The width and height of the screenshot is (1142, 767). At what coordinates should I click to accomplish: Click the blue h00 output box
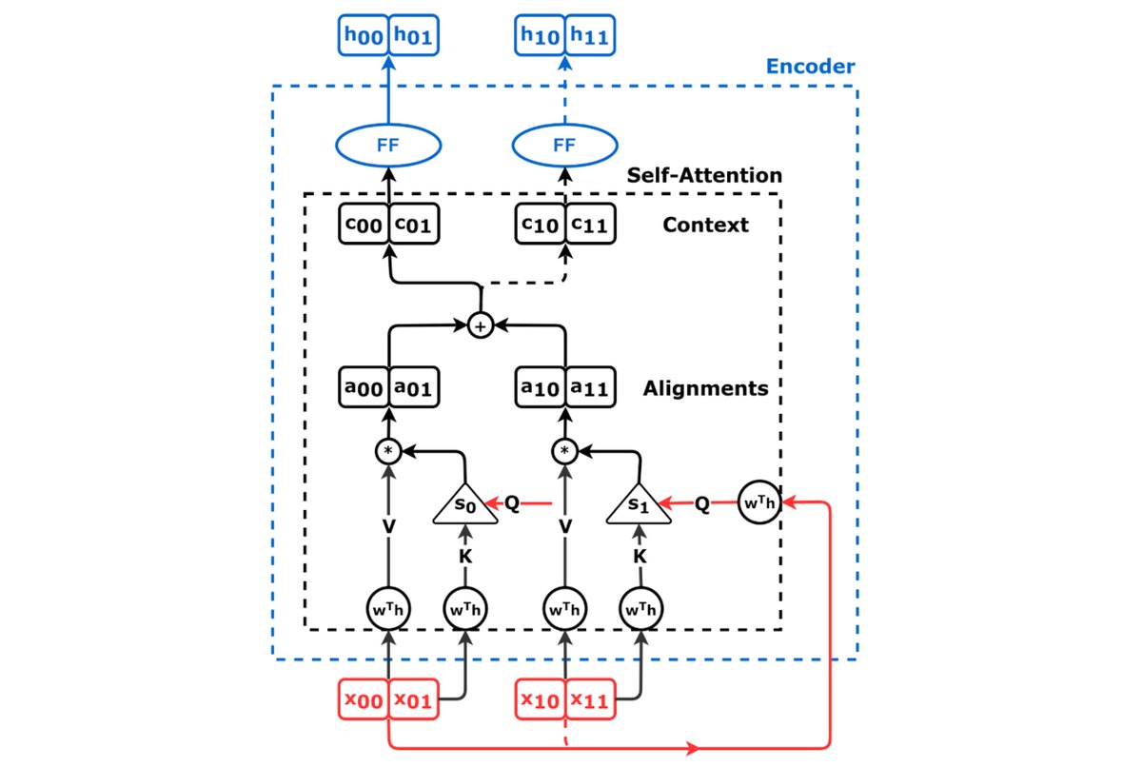tap(364, 35)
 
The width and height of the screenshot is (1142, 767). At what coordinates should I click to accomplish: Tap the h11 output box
tap(590, 35)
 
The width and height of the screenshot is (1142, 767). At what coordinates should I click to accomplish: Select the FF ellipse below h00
tap(388, 146)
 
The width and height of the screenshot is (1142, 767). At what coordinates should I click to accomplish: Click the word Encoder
tap(810, 67)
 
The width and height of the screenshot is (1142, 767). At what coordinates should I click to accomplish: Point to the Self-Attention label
tap(704, 175)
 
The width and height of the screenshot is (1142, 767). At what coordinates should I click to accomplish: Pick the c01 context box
tap(413, 225)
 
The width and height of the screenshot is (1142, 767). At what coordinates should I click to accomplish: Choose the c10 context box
tap(540, 225)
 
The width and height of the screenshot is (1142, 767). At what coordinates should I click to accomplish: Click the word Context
tap(705, 225)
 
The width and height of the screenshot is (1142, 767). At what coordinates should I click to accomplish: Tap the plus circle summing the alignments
tap(481, 325)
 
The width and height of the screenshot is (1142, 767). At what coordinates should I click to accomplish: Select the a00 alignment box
tap(364, 387)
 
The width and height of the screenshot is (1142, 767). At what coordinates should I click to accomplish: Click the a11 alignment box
tap(590, 387)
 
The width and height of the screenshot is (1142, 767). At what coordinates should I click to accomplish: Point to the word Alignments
tap(705, 388)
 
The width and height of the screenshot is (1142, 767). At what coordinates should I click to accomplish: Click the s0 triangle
tap(465, 506)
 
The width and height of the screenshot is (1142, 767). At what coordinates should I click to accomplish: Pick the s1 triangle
tap(639, 506)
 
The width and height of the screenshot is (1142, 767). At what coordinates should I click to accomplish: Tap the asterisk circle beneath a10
tap(564, 451)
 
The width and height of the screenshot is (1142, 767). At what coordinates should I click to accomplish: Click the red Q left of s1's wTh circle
tap(702, 504)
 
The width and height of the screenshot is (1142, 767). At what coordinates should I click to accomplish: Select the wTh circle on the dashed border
tap(759, 502)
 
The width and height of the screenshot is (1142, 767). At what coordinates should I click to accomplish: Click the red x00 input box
tap(364, 699)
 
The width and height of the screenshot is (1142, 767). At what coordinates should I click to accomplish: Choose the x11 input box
tap(590, 699)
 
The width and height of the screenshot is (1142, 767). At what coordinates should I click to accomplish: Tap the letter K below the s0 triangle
tap(465, 557)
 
